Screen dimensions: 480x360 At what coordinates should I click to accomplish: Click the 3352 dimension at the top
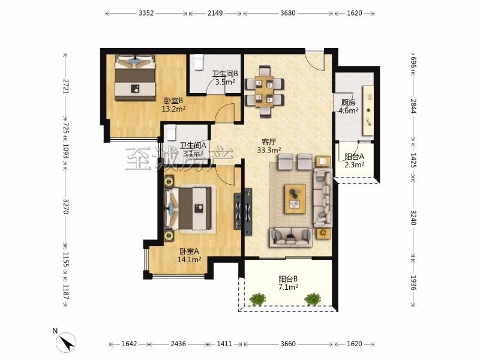point(146,13)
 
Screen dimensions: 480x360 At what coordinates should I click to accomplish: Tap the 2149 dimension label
point(215,13)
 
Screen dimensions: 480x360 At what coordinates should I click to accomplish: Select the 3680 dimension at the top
point(288,13)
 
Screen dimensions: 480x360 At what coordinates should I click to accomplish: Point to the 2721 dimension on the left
point(65,86)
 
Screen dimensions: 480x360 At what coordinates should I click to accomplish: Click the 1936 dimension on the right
point(413,283)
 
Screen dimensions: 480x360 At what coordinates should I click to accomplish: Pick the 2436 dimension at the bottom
point(178,344)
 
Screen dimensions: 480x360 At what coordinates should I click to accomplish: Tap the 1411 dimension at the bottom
point(224,344)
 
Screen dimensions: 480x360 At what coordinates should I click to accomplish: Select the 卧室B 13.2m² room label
point(173,104)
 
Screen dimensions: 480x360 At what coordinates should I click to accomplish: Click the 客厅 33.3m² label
point(269,146)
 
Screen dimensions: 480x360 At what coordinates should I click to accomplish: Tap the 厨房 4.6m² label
point(349,106)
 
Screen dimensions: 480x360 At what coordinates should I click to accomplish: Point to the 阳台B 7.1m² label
point(288,283)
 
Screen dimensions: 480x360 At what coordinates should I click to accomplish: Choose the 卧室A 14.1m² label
point(190,256)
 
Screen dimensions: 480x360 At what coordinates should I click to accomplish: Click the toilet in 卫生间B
point(199,62)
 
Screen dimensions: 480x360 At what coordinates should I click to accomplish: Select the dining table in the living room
point(265,91)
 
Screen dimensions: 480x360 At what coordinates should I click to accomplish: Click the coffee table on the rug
point(295,199)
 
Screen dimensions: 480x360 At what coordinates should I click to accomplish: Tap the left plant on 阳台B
point(258,299)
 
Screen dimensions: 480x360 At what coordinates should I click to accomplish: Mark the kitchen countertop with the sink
point(368,110)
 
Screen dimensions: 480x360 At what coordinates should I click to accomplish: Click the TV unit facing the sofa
point(248,212)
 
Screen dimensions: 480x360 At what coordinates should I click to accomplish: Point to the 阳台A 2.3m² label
point(354,160)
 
